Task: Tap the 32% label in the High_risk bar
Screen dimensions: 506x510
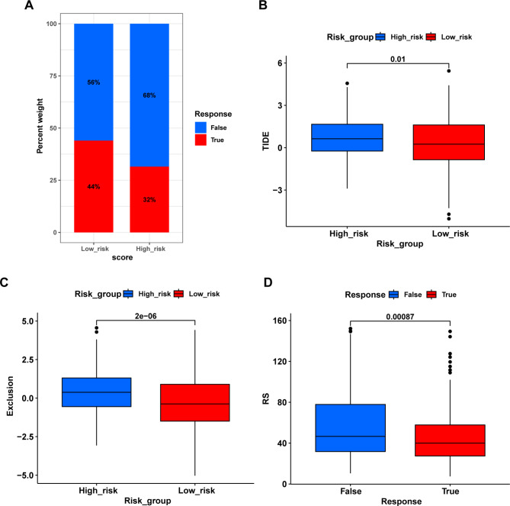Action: click(x=149, y=200)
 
